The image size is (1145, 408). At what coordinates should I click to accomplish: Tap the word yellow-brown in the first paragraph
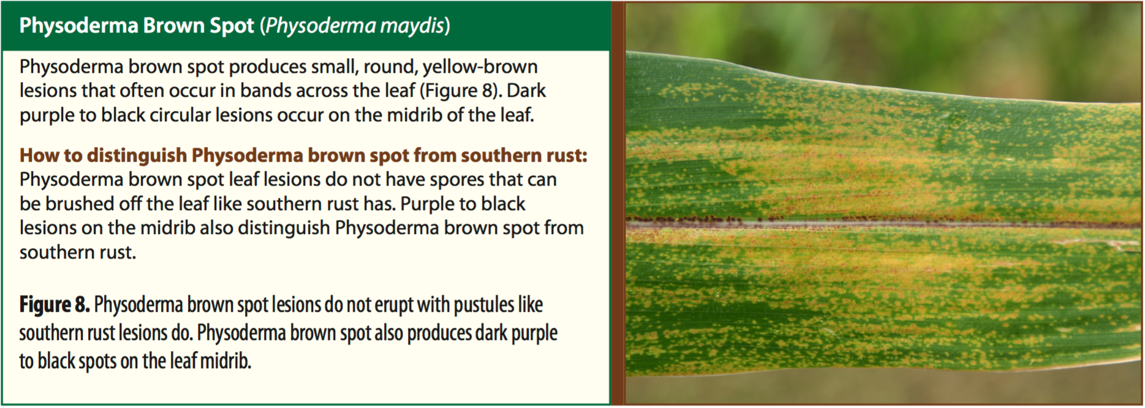point(480,67)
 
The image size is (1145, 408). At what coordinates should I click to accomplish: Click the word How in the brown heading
point(40,156)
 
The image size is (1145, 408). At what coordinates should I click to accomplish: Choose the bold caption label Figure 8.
point(55,305)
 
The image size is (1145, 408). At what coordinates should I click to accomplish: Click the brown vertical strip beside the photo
point(618,203)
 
